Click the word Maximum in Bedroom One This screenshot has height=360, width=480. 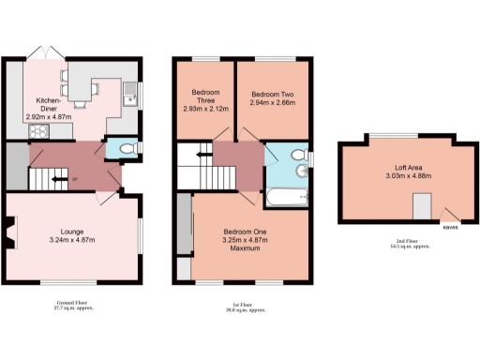[x=246, y=248]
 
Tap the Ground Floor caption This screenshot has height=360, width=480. [x=73, y=303]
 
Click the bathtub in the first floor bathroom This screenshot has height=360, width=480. [x=287, y=196]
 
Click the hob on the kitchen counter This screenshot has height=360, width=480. [x=39, y=130]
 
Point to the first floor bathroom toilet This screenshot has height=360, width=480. [x=297, y=155]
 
